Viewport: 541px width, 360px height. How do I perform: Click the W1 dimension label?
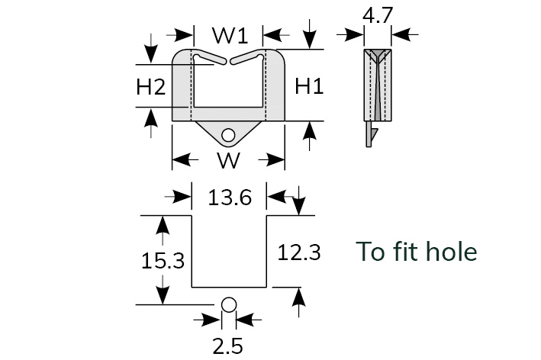(x=230, y=36)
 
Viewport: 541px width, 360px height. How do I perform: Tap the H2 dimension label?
(x=151, y=86)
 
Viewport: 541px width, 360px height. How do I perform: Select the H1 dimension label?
(x=309, y=86)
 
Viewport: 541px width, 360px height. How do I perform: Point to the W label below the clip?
(x=228, y=160)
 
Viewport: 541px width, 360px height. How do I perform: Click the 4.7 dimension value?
(x=378, y=15)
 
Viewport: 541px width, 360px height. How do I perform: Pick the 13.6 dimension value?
(x=230, y=198)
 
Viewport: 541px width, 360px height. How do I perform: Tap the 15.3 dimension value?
(x=163, y=261)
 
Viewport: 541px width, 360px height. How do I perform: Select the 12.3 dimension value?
(x=299, y=252)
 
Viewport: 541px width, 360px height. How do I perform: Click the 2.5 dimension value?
(x=227, y=346)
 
